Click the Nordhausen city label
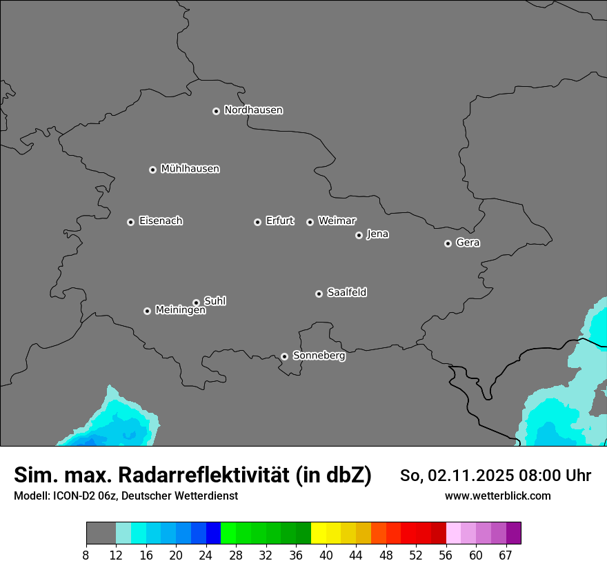[253, 110]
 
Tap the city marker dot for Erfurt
[257, 222]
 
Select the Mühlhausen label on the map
[190, 169]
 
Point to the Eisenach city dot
[130, 222]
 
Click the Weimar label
[337, 221]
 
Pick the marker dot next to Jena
[359, 235]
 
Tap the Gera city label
[468, 243]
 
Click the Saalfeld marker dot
[319, 294]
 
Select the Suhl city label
[215, 301]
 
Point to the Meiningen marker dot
[147, 311]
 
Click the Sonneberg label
[319, 356]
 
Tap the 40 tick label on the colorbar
[326, 555]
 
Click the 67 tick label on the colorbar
[506, 555]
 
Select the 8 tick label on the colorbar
[86, 555]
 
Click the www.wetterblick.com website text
[497, 496]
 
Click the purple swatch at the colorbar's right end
[513, 533]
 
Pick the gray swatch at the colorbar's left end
[101, 533]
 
